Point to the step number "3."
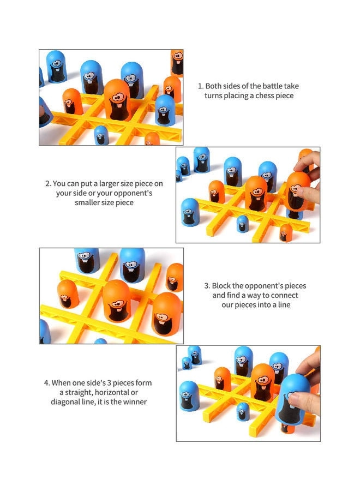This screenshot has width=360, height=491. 207,285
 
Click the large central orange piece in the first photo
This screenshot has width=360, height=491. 116,100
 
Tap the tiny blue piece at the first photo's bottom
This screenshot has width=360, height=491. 101,135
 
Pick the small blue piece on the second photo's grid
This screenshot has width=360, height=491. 242,223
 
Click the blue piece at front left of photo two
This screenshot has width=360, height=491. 190,212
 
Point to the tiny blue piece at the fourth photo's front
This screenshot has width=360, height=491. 243,411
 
